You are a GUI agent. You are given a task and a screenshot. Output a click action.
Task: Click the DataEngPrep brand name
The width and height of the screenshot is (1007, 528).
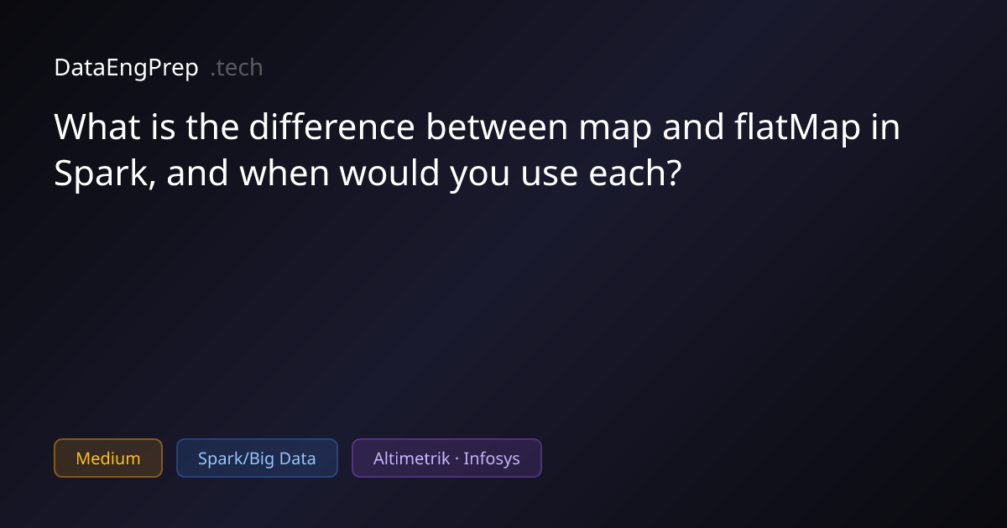(x=127, y=68)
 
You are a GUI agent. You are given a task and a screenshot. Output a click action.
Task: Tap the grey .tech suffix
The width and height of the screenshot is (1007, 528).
(x=237, y=68)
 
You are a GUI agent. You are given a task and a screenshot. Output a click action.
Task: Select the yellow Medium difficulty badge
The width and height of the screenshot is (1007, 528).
(x=108, y=458)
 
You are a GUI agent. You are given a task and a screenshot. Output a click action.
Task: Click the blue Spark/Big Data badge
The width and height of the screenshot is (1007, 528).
(x=257, y=458)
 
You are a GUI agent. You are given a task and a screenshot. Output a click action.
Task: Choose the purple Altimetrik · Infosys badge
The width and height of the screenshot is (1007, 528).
(x=446, y=458)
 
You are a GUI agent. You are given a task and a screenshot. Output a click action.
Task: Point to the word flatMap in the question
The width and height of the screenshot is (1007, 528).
(x=797, y=128)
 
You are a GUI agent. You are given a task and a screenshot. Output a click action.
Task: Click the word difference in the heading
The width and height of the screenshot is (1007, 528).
(x=331, y=127)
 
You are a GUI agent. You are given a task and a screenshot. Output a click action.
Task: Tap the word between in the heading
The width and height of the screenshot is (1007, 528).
(x=497, y=127)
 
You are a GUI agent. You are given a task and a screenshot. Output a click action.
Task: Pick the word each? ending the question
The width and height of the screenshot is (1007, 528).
(x=635, y=173)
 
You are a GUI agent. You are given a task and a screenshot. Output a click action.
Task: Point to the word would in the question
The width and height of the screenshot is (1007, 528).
(x=389, y=173)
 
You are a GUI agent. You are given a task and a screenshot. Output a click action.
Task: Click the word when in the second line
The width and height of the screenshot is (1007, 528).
(x=284, y=173)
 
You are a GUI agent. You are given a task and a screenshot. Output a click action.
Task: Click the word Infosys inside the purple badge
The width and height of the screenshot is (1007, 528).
(x=492, y=459)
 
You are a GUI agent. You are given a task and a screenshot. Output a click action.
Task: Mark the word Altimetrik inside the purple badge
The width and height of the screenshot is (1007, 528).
(x=411, y=458)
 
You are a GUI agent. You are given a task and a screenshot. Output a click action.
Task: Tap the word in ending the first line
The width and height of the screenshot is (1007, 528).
(x=885, y=127)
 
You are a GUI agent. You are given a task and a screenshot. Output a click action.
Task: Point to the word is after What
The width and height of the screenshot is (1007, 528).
(x=163, y=127)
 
